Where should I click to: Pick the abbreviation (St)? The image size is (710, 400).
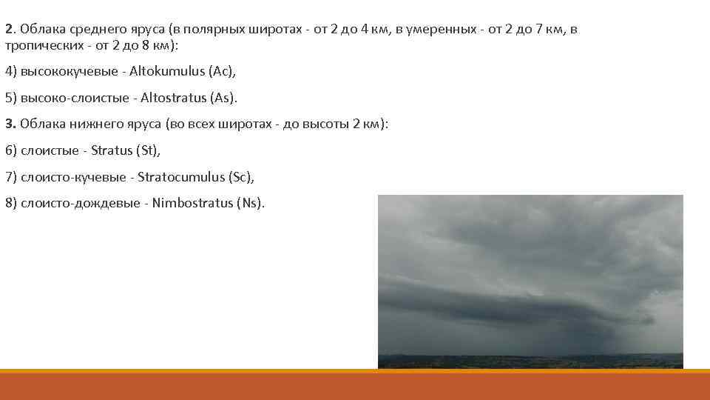point(147,150)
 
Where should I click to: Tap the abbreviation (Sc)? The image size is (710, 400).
point(240,176)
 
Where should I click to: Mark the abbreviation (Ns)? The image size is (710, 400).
point(249,203)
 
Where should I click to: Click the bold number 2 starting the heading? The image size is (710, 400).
point(8,29)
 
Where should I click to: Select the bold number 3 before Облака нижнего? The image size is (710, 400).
point(8,124)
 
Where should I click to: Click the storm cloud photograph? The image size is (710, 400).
point(530,281)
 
